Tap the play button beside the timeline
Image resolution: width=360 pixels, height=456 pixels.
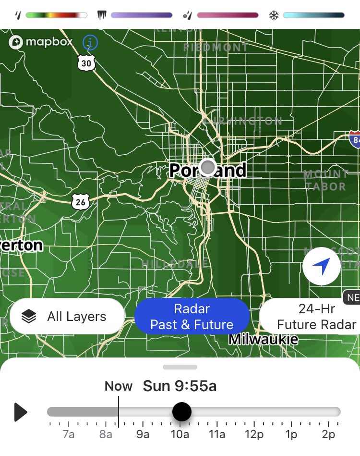(x=21, y=412)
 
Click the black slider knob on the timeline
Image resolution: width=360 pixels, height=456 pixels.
(x=181, y=412)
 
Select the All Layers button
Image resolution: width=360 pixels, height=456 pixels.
(x=67, y=317)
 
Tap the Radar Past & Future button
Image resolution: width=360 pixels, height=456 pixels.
(x=192, y=317)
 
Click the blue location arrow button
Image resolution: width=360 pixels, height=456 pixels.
(x=322, y=266)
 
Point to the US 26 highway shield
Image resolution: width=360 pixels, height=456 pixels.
(x=81, y=202)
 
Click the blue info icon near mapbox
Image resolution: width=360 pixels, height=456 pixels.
(x=90, y=43)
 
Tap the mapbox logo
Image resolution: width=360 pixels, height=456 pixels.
(x=41, y=42)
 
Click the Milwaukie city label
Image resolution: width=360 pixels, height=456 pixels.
(x=263, y=339)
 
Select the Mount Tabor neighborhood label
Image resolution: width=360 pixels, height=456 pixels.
(x=326, y=180)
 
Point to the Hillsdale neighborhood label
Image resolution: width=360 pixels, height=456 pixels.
(x=175, y=264)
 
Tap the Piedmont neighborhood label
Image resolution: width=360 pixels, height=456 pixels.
(x=216, y=47)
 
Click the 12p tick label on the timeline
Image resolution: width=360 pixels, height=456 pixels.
(x=254, y=435)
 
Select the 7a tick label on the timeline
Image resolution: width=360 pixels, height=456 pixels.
(x=69, y=435)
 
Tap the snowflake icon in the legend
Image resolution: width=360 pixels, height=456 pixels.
(x=274, y=15)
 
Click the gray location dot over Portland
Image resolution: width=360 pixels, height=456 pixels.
(x=208, y=167)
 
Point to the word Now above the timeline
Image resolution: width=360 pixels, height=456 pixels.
(x=119, y=386)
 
